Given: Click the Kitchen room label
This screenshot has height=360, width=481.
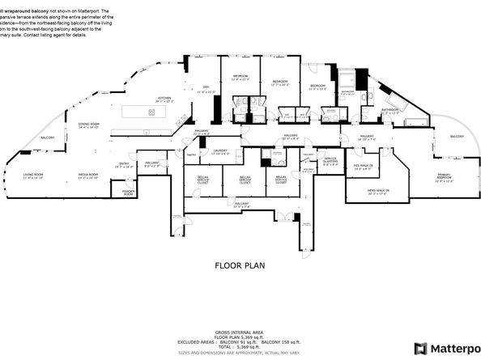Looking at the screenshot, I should tap(164, 100).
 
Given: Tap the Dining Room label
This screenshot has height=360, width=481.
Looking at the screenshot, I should tap(88, 125).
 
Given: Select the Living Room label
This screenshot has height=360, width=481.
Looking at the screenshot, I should tap(33, 176).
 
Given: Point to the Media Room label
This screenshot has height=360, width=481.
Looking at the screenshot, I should tap(87, 176).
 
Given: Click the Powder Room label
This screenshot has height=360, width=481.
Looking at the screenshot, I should tap(128, 193).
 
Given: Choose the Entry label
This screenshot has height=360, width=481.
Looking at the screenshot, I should tap(124, 165).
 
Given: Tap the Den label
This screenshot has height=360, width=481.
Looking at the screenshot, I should tap(206, 89).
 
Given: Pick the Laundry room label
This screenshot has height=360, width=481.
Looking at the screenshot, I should tap(220, 150).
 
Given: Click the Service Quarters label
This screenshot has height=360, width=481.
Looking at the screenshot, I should tap(330, 160).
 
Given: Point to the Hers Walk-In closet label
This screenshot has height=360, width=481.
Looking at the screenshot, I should tap(355, 192).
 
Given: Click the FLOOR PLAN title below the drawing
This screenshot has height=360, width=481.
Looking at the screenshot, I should tap(240, 265).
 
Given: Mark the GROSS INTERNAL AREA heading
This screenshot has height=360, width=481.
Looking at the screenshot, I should tap(240, 332).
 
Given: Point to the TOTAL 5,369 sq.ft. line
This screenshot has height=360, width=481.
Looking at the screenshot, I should tap(240, 346).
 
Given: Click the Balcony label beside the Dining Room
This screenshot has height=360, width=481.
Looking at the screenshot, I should tap(48, 138).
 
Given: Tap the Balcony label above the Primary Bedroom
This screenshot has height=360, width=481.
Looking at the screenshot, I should tap(458, 136).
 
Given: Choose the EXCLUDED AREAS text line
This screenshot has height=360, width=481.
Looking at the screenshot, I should tap(240, 341).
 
